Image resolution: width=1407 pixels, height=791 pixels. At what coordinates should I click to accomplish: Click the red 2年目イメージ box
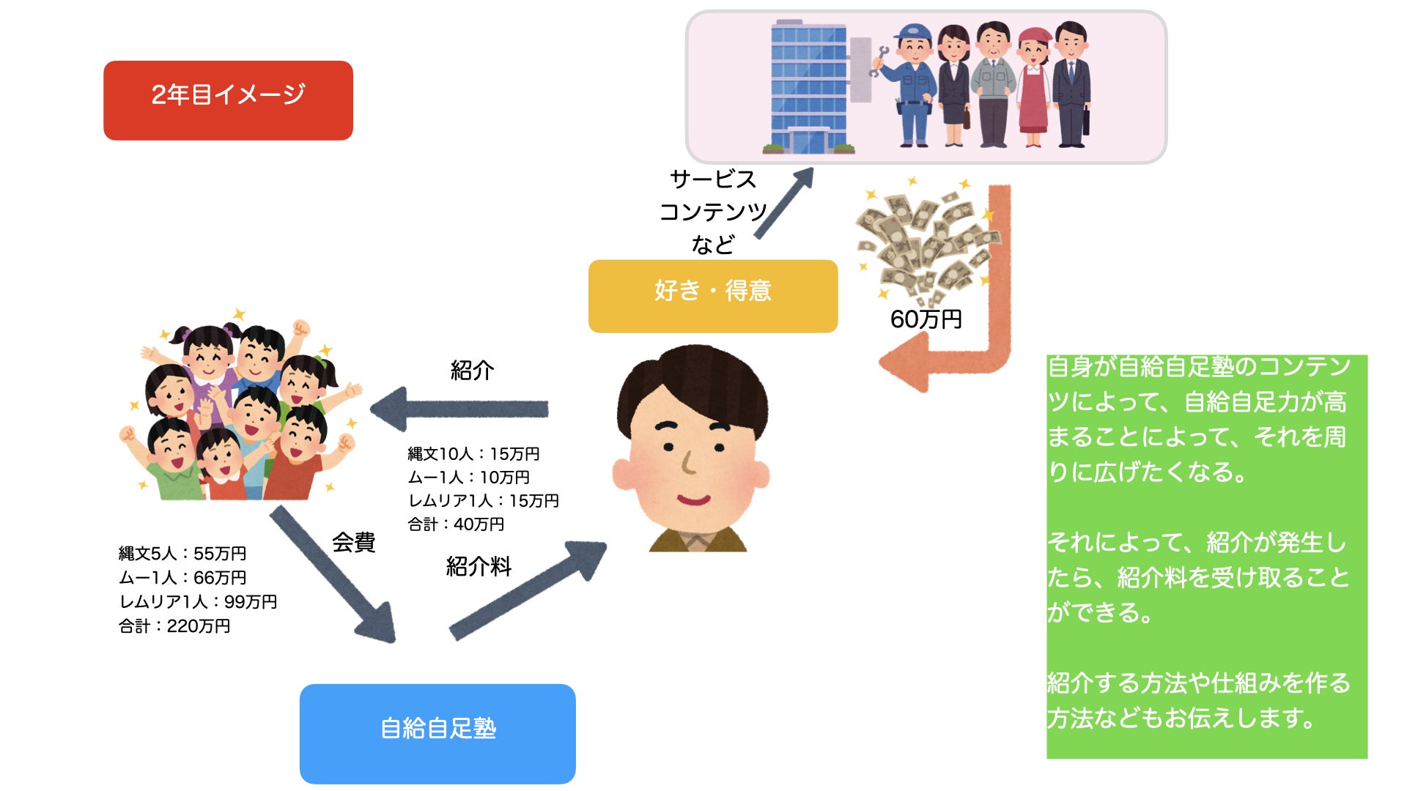[228, 100]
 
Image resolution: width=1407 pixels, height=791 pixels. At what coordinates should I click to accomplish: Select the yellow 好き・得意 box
[712, 296]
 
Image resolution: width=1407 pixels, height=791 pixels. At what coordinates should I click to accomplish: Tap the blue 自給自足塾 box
[437, 733]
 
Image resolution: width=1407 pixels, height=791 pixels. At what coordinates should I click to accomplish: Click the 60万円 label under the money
[926, 319]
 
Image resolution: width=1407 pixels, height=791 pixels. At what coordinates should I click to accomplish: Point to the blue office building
[808, 86]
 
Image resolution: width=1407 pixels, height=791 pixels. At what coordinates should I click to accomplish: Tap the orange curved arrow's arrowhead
[905, 364]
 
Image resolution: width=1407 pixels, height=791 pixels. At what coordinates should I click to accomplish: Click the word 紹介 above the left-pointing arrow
[472, 370]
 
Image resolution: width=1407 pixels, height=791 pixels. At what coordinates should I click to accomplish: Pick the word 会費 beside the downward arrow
[353, 542]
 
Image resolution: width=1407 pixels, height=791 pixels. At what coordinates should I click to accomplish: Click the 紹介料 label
[479, 566]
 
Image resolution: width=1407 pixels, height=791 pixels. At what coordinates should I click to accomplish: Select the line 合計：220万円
[174, 626]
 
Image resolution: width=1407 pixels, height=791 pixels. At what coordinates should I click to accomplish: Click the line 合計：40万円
[456, 524]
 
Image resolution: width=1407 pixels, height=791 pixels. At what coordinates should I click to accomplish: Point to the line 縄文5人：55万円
[182, 554]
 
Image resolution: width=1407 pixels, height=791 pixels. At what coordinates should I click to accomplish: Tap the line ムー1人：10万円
[468, 478]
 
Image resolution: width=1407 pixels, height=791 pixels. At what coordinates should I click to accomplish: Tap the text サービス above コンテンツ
[712, 179]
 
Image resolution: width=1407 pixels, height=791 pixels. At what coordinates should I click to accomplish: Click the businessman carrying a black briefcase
[1072, 84]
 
